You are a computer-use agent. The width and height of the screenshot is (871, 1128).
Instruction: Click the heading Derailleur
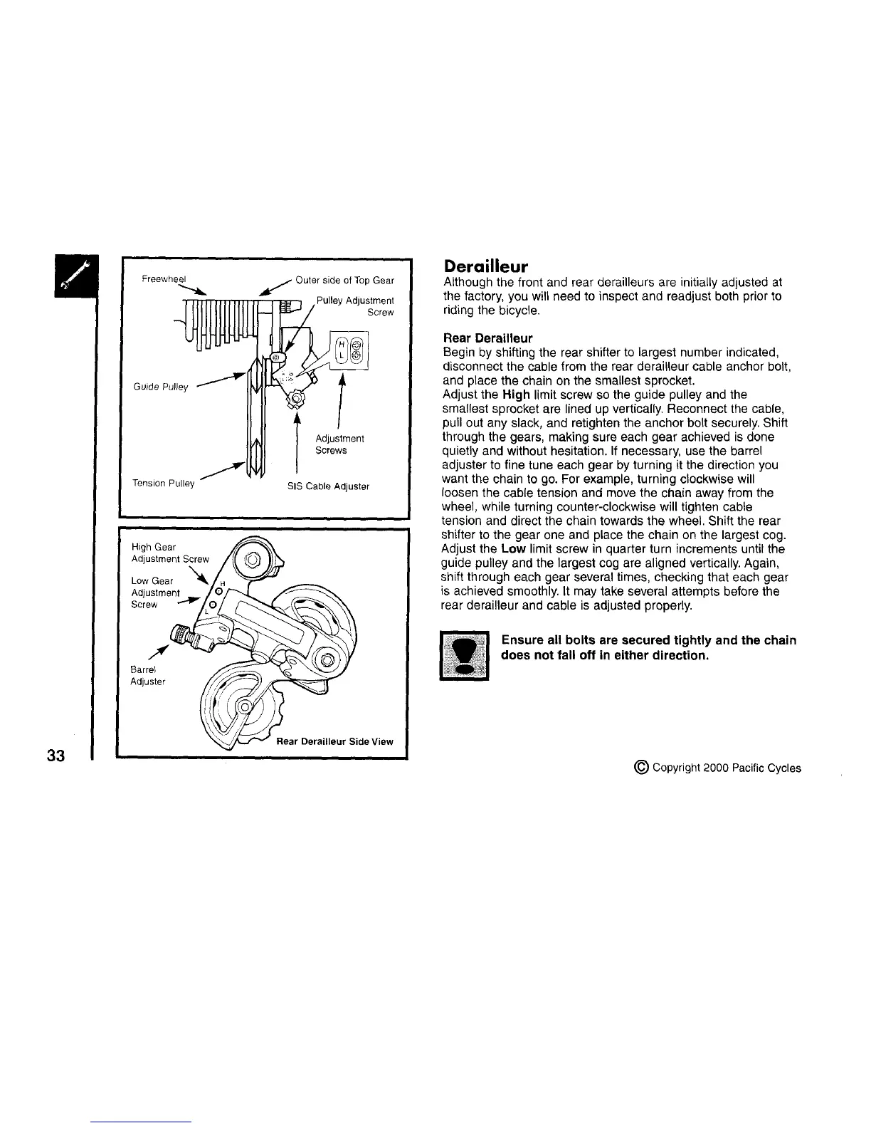pos(486,267)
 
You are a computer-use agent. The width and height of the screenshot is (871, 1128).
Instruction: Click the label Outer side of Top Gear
pos(344,280)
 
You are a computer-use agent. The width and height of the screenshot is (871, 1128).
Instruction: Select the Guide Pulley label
pos(160,387)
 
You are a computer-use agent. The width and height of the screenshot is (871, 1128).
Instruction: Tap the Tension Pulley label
pos(164,484)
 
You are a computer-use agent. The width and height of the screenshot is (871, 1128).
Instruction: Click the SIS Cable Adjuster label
pos(328,486)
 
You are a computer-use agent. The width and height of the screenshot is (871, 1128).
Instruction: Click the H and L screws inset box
pos(349,350)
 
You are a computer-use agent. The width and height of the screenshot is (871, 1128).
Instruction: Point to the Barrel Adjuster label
pos(148,676)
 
